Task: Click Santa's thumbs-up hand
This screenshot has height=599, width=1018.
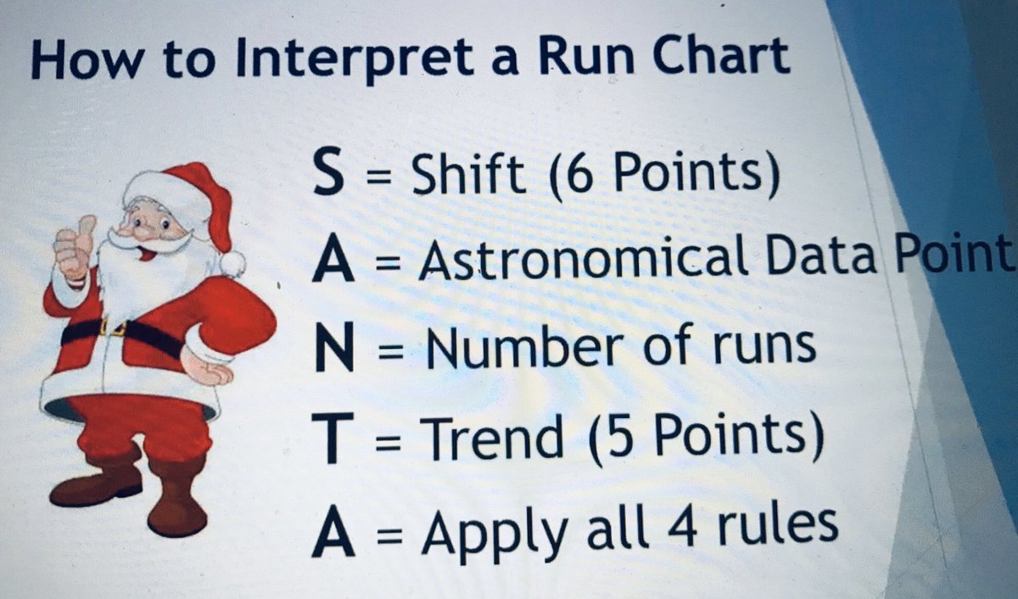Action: coord(74,244)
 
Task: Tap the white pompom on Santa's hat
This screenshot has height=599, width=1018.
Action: coord(231,263)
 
